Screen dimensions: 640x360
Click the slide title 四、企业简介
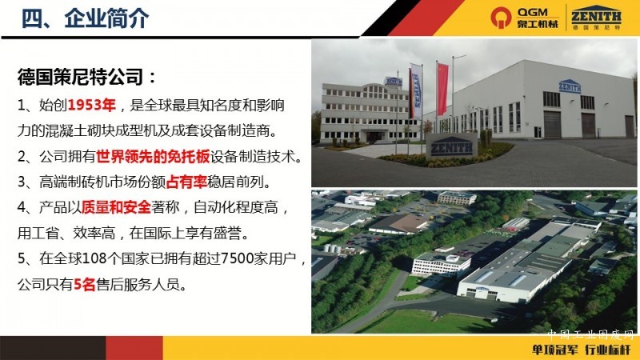point(85,18)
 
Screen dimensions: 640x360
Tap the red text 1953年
point(92,106)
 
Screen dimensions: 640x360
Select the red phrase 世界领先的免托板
point(153,156)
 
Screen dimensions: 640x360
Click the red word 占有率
point(186,182)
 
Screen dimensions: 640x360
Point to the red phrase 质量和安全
point(116,207)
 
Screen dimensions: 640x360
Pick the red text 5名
point(85,284)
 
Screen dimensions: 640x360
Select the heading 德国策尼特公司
point(81,77)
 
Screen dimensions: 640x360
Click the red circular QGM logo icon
point(501,18)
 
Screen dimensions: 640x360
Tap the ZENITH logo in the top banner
point(596,16)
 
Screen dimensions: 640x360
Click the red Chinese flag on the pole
point(442,88)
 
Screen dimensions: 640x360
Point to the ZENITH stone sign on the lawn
point(451,146)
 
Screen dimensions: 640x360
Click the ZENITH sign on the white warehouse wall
point(570,86)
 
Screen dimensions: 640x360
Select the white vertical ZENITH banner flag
point(416,90)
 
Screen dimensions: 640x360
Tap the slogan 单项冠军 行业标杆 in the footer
point(582,350)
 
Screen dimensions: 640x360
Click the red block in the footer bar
point(134,348)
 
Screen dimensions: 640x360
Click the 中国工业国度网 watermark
point(590,334)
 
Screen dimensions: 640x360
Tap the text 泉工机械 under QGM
point(537,24)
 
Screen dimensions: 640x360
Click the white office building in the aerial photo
point(442,263)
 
